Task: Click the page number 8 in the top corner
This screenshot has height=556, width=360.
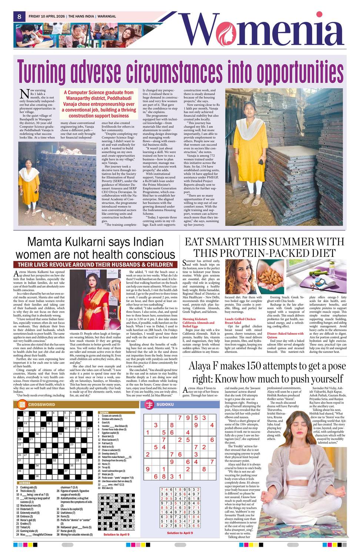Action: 19,16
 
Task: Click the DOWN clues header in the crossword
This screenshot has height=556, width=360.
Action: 104,413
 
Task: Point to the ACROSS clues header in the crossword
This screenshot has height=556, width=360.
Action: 24,483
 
